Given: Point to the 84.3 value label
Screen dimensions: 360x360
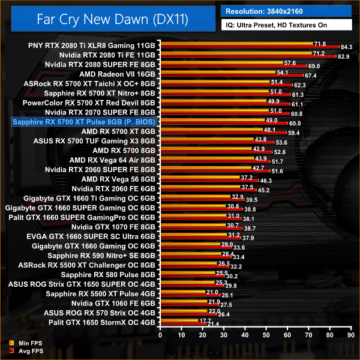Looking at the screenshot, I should (x=347, y=47).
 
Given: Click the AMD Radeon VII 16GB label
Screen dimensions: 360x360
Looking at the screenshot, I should (x=121, y=74).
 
